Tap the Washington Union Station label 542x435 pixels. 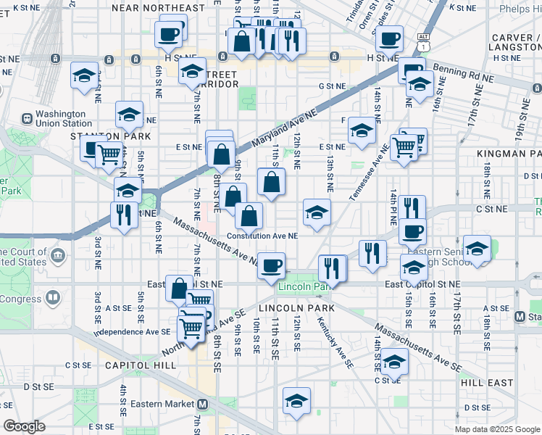(61, 118)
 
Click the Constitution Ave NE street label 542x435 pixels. (262, 236)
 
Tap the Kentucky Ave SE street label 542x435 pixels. (332, 333)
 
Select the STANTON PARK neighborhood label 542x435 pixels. (110, 136)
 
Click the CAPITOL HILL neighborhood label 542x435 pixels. (140, 365)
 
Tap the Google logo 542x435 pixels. (24, 426)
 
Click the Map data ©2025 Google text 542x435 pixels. (496, 429)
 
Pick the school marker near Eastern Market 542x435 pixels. (296, 401)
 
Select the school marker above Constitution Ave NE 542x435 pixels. (317, 212)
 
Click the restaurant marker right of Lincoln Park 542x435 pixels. (333, 267)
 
